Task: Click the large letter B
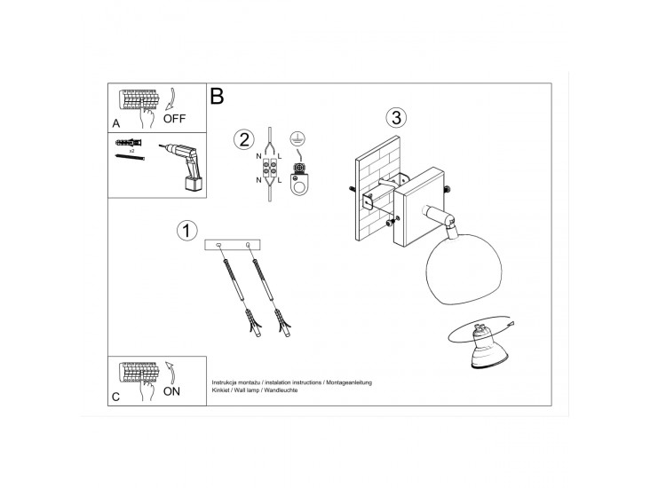click(217, 96)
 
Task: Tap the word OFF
click(174, 119)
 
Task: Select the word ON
click(171, 391)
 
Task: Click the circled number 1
click(187, 231)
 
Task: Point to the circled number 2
click(244, 139)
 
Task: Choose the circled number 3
click(396, 118)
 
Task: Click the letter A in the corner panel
click(116, 123)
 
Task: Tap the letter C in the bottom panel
click(115, 397)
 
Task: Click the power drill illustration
click(182, 167)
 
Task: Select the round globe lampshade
click(464, 269)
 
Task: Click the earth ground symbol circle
click(296, 138)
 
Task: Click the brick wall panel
click(377, 188)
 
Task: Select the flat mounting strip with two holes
click(233, 245)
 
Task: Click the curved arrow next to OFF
click(171, 100)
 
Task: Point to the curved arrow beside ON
click(170, 372)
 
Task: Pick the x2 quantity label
click(131, 151)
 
